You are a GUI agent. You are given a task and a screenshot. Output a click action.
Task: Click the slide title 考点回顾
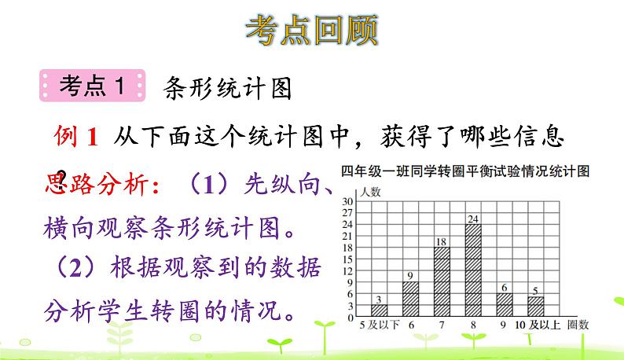[x=312, y=29]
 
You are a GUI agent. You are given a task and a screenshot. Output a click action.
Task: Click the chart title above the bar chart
[x=465, y=172]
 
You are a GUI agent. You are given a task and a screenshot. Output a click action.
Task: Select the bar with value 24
[x=473, y=269]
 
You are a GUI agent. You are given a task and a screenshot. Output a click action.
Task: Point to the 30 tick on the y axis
[x=348, y=201]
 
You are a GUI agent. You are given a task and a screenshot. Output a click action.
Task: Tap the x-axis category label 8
[x=473, y=324]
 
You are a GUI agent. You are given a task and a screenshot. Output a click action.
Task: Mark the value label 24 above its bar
[x=473, y=219]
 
